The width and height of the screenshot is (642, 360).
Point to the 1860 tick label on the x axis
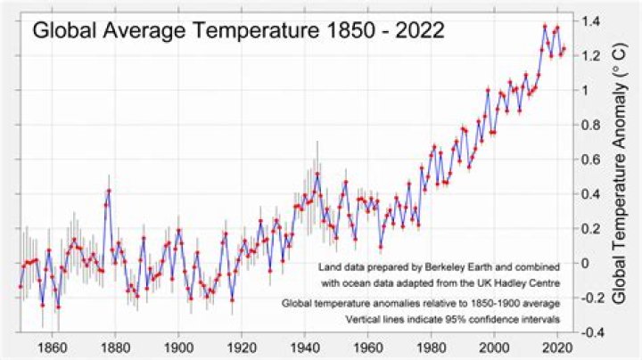tap(52, 348)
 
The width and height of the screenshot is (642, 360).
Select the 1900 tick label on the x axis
tap(178, 348)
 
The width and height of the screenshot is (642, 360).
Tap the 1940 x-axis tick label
tap(305, 348)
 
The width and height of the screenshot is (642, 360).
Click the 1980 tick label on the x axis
tap(432, 348)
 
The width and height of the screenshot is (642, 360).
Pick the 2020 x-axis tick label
tap(557, 348)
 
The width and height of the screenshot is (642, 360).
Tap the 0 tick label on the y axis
tap(585, 263)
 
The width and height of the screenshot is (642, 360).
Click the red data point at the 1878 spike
tap(109, 190)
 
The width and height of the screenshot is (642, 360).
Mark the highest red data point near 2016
tap(545, 26)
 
